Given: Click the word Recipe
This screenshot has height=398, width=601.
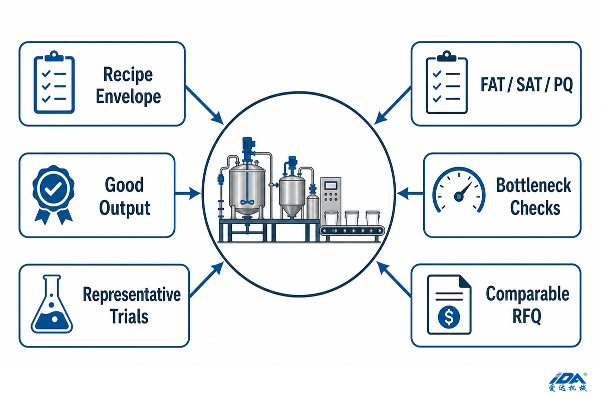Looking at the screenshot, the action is (x=128, y=74).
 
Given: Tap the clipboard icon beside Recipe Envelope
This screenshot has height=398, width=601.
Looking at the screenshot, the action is (x=54, y=82).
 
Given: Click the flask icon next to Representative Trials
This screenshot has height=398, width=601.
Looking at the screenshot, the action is (x=52, y=304).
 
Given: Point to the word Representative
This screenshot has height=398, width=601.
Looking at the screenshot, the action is (x=132, y=295).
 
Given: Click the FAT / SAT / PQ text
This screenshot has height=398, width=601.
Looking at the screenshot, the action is (x=527, y=84).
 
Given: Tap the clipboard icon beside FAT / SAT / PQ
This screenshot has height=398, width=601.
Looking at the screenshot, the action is (x=447, y=82).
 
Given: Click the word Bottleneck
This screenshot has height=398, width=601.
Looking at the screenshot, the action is (x=534, y=185).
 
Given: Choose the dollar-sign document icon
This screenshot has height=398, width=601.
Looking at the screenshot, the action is (x=449, y=304).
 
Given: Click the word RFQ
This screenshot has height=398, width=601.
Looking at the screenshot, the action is (x=527, y=316).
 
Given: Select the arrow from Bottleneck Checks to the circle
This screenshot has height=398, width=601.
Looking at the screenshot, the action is (x=410, y=193).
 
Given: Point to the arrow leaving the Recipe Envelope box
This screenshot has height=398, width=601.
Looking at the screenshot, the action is (x=204, y=105).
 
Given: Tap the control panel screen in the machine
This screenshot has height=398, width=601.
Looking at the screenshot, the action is (x=331, y=185).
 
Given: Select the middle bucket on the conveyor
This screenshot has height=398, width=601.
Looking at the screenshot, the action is (x=352, y=218).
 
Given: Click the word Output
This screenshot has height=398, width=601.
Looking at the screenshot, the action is (x=125, y=208).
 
